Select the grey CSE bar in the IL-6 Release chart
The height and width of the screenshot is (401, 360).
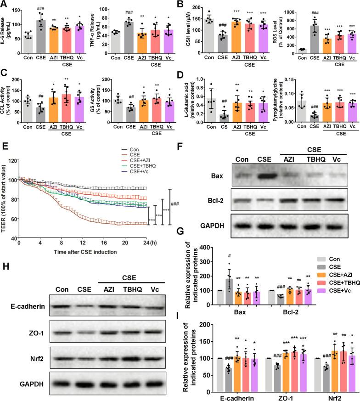coord(55,32)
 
